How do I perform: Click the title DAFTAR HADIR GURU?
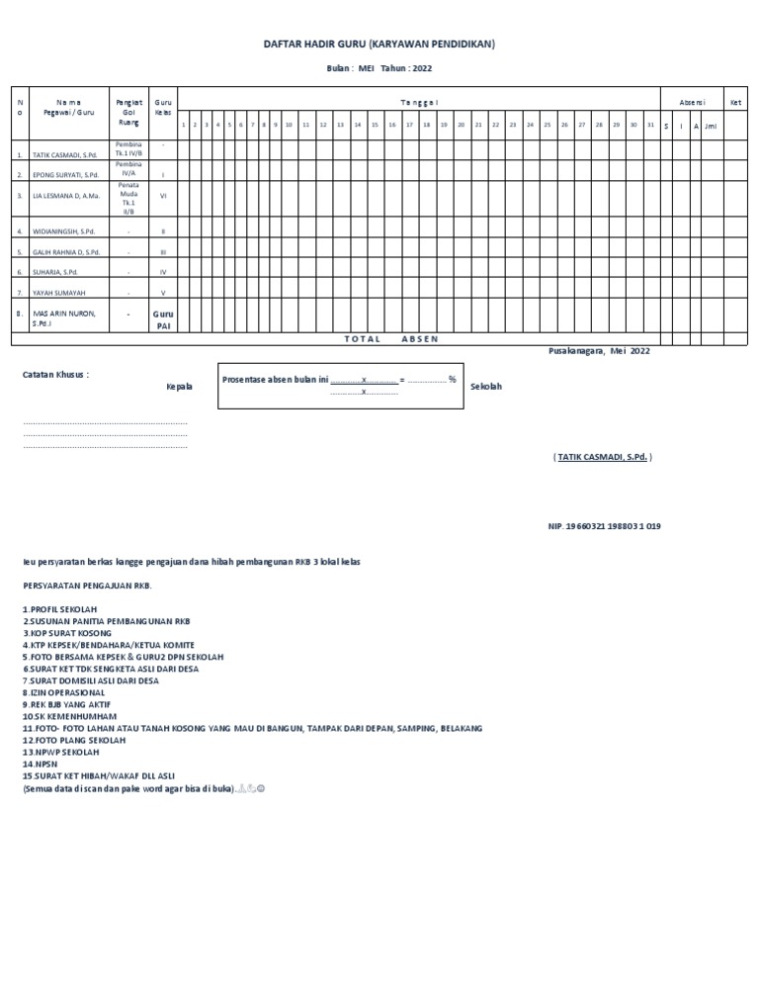(x=379, y=45)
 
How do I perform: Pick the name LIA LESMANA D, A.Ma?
(x=66, y=196)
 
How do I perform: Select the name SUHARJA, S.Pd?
(x=55, y=271)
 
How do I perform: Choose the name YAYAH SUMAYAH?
(x=56, y=293)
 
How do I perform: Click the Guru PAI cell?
(x=163, y=318)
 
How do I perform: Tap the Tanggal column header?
(x=419, y=102)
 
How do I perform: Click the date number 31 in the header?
(x=649, y=126)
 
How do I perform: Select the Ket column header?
(x=734, y=102)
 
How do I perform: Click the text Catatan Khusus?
(x=56, y=375)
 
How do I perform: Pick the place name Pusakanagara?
(x=575, y=351)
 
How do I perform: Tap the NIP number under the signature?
(x=604, y=526)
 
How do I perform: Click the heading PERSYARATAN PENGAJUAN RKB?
(x=88, y=585)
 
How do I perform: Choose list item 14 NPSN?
(x=40, y=765)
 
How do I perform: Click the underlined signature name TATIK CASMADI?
(x=602, y=457)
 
